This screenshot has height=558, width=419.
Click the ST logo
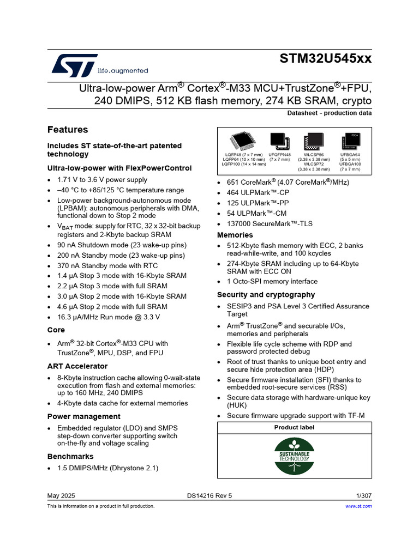pos(75,65)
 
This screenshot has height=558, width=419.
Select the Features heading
pos(68,130)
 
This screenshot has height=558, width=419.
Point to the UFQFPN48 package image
pos(279,141)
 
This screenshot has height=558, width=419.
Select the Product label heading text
pos(294,427)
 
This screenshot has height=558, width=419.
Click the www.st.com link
pos(358,506)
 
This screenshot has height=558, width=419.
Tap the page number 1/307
pos(363,496)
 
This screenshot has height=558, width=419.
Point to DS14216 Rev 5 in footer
pos(209,496)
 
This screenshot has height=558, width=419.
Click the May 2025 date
pos(61,496)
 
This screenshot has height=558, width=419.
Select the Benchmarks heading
pos(70,456)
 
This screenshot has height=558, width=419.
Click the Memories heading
pos(235,235)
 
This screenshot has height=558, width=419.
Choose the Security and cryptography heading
pos(266,294)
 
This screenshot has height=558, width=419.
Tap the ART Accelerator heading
pos(77,366)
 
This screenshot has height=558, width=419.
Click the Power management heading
pos(84,416)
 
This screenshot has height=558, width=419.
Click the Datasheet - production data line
pos(329,113)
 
